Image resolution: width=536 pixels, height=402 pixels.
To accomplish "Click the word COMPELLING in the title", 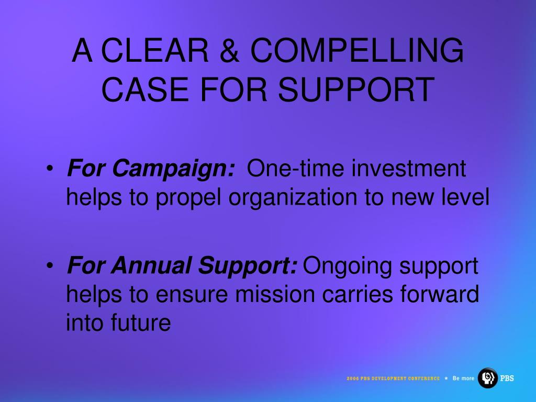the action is point(357,50).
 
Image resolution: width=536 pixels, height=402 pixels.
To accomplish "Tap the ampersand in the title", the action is point(229,50).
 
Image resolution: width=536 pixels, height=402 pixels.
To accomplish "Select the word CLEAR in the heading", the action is point(155,50).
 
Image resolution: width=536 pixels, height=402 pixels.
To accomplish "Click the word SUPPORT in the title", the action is point(356,90).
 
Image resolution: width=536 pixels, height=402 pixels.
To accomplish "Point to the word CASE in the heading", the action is point(145,90).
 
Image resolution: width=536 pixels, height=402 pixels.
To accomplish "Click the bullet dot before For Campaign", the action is point(50,169).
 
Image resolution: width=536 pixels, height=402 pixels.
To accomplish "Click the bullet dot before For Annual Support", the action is point(50,265).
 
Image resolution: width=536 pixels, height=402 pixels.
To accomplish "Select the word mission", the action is point(274,294).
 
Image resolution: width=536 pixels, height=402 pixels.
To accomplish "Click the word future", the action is point(140,323).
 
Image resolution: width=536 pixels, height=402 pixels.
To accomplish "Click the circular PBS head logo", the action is point(487,378).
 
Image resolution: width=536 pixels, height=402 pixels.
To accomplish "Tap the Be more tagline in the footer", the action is point(463,378).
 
